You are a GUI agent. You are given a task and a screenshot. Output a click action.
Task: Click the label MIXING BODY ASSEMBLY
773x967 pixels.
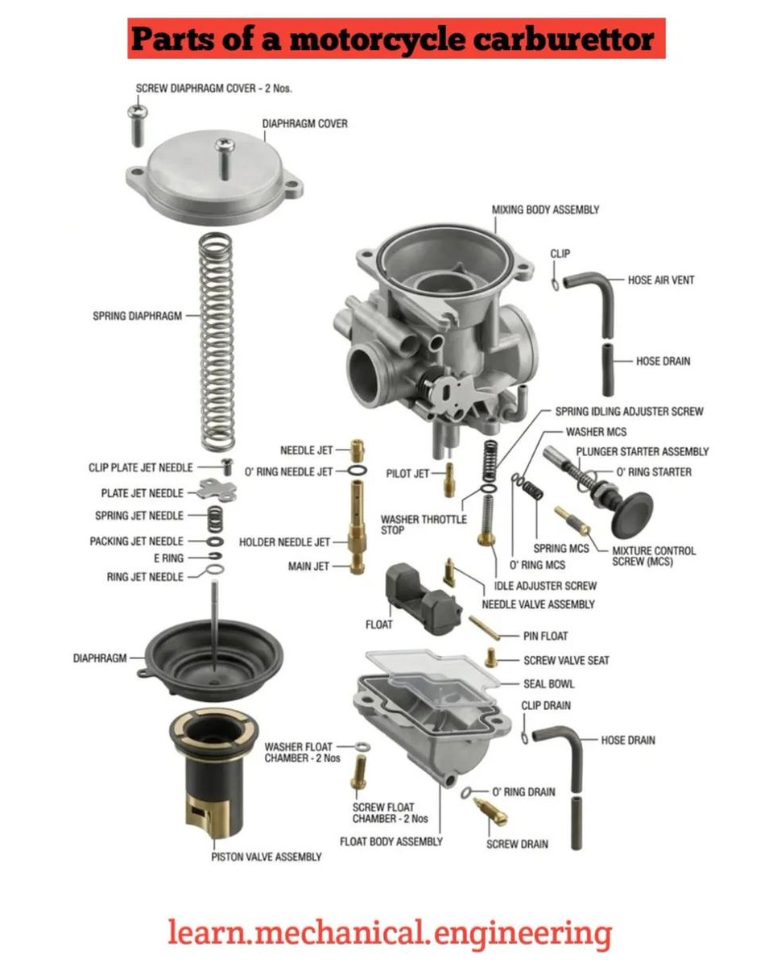pos(545,210)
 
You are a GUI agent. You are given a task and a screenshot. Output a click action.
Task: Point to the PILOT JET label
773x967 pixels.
pos(407,474)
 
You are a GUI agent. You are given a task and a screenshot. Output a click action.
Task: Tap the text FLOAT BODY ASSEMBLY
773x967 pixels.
pos(391,841)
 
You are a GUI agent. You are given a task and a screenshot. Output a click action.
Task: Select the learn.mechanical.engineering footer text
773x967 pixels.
pos(390,933)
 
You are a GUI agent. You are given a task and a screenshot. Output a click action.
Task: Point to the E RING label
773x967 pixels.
pos(167,558)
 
